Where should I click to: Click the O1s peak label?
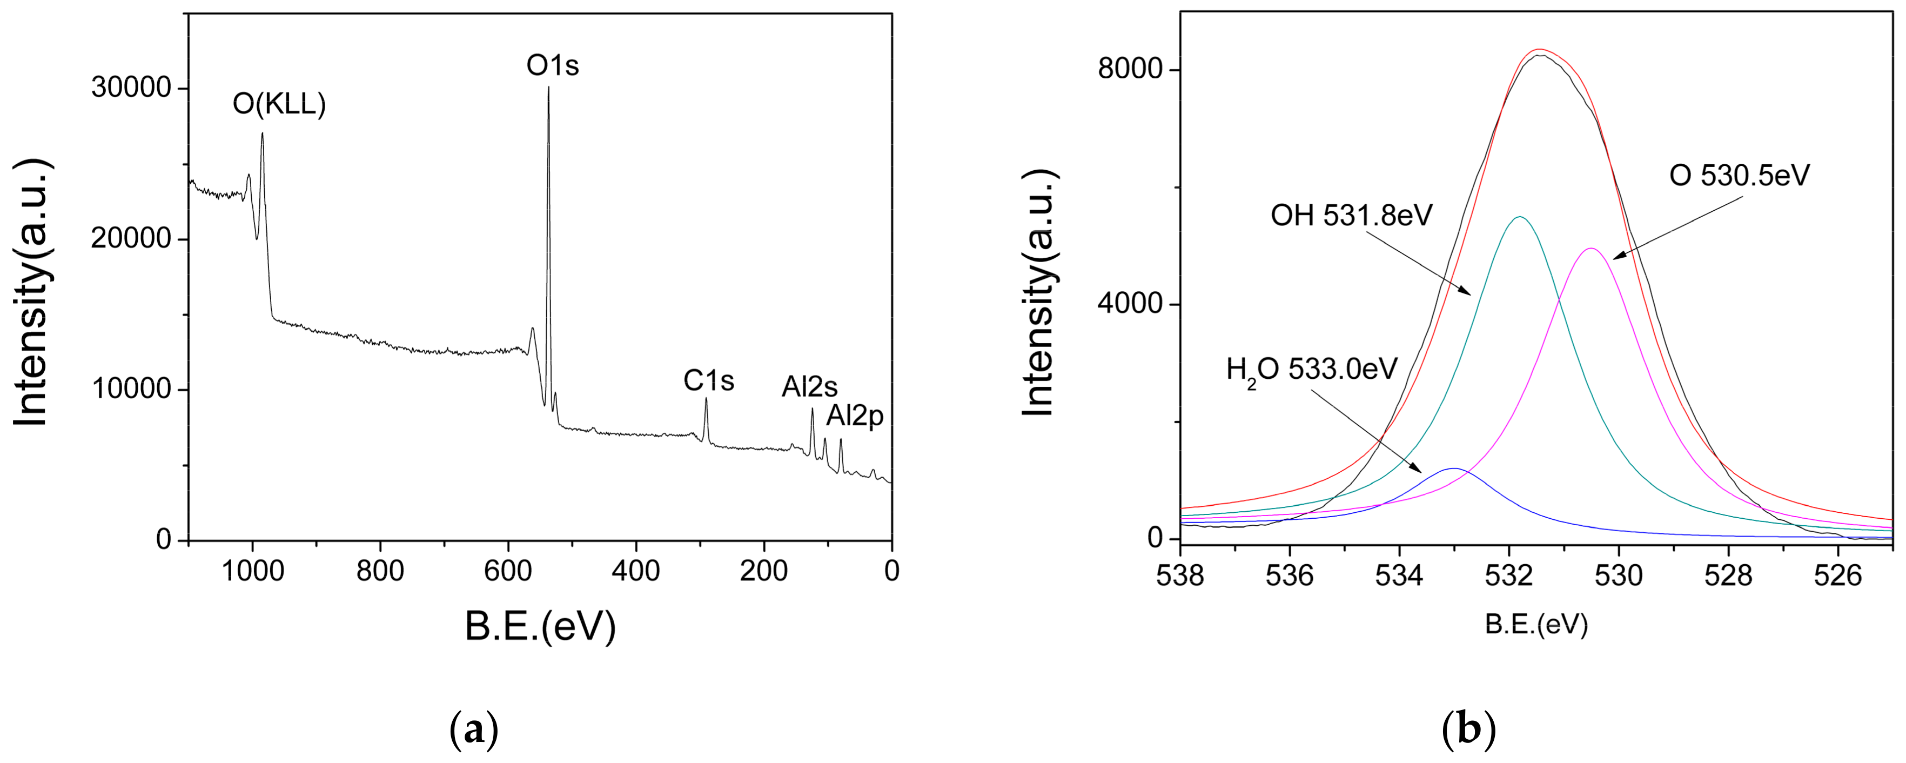coord(552,66)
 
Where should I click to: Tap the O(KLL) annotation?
coord(279,104)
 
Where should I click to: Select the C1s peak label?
coord(708,381)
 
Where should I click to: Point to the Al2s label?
coord(809,387)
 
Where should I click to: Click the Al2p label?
coord(855,416)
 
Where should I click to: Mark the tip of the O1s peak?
coord(548,88)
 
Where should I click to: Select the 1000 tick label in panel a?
coord(253,571)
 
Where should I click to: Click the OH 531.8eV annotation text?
coord(1352,216)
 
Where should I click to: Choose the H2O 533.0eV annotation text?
coord(1311,369)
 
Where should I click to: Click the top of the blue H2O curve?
coord(1454,469)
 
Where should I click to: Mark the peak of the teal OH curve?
coord(1520,217)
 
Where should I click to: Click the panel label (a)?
coord(474,729)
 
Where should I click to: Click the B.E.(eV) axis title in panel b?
coord(1536,625)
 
